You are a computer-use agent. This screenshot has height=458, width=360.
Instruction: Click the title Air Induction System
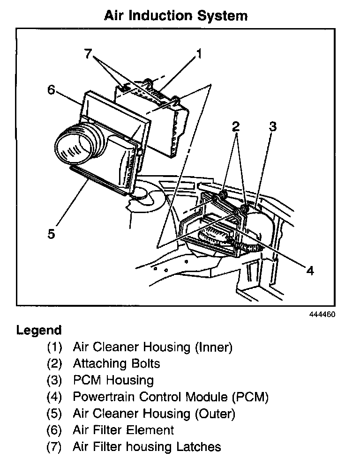pos(175,15)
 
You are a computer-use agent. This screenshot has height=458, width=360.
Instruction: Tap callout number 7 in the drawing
pos(88,53)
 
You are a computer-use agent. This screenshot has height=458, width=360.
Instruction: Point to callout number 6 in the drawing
pos(51,89)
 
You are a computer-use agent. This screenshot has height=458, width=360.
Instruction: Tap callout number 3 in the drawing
pos(273,126)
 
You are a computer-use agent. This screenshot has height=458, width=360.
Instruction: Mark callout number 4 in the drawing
pos(309,270)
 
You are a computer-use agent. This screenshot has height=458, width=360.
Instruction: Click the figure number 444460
pos(322,314)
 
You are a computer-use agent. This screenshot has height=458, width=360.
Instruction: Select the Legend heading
pos(39,330)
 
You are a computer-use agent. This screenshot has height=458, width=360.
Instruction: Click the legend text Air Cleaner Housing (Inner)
pos(153,347)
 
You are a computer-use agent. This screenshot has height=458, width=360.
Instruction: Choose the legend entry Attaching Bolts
pos(116,363)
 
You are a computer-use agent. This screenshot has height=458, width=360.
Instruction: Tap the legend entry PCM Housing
pos(113,380)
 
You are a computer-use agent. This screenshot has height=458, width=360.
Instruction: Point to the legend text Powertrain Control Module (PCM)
pos(171,397)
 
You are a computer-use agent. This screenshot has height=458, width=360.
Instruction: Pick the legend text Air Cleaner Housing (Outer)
pos(154,414)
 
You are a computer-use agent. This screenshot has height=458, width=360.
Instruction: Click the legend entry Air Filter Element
pos(123,430)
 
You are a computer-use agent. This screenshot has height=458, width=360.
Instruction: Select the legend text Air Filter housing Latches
pos(147,446)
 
